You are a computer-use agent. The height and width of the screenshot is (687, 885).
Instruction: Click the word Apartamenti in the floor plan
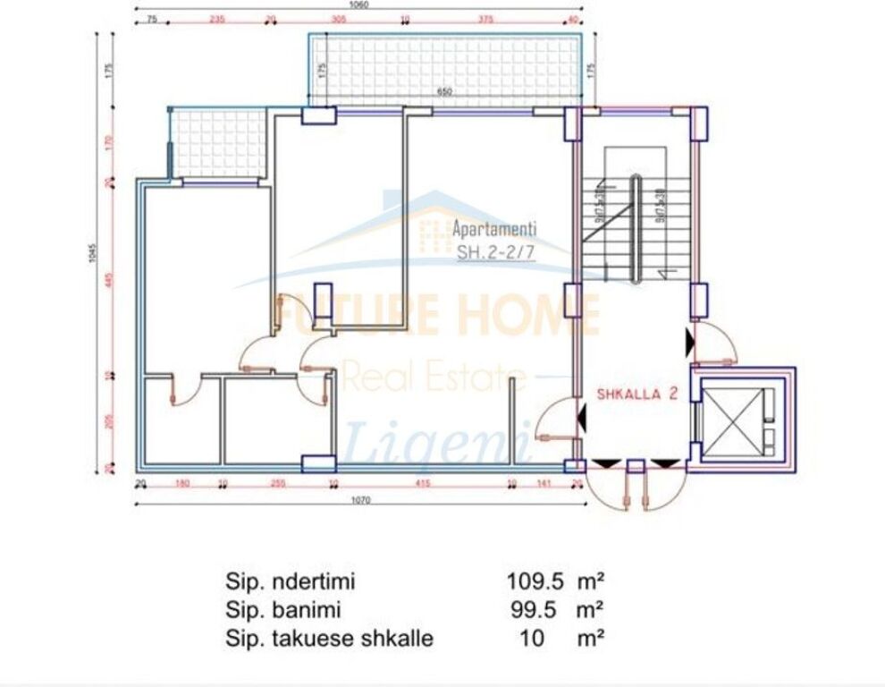(x=494, y=229)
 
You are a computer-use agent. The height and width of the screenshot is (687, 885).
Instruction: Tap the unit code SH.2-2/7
(x=496, y=252)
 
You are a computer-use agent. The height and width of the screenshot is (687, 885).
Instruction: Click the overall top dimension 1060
(x=360, y=4)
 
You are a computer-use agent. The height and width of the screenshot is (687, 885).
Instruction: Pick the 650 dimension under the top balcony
(x=444, y=91)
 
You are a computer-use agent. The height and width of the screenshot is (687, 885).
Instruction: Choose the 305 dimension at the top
(x=339, y=18)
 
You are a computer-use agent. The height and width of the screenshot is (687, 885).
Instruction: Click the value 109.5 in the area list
(x=535, y=581)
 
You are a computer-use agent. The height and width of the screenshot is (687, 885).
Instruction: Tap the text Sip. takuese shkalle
(x=329, y=639)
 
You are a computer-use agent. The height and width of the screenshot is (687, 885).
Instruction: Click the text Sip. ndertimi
(x=290, y=581)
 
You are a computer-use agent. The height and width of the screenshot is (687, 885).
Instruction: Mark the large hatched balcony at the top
(x=444, y=70)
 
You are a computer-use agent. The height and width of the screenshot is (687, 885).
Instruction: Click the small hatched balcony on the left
(x=219, y=143)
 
